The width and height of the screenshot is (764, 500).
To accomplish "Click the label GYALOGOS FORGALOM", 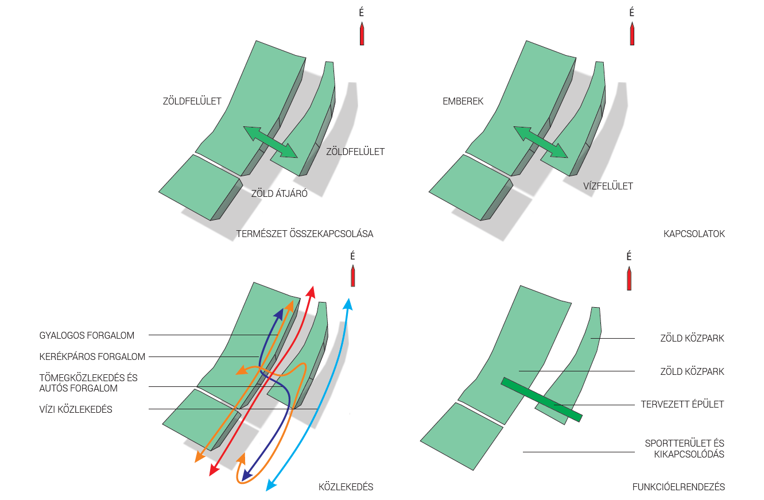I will [87, 335].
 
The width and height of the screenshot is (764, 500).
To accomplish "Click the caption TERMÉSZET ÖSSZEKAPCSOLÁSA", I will [305, 234].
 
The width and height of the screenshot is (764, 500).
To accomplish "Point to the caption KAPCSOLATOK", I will [694, 234].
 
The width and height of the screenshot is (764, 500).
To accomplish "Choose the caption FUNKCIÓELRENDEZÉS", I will [678, 487].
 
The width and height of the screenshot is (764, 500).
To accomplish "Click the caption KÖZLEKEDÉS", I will [346, 487].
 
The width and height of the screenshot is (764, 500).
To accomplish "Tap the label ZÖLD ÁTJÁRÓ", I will [280, 193].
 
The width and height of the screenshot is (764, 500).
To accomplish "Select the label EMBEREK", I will [463, 102].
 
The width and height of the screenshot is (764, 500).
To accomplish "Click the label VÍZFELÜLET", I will [608, 186].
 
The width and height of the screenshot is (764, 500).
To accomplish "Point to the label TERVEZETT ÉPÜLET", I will [682, 404].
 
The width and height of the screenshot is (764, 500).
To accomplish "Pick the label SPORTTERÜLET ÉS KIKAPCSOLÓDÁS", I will [684, 449].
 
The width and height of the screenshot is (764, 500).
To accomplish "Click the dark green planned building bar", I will [541, 399].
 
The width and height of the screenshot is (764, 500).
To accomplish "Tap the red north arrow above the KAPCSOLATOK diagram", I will [631, 34].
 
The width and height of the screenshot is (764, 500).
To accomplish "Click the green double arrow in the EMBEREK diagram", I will [540, 142].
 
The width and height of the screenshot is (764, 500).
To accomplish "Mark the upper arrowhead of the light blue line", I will [348, 303].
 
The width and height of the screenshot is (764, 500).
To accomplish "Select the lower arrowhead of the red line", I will [212, 471].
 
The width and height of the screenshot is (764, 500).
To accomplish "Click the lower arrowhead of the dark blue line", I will [246, 475].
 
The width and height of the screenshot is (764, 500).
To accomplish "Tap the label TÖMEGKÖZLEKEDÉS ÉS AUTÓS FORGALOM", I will [88, 383].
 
